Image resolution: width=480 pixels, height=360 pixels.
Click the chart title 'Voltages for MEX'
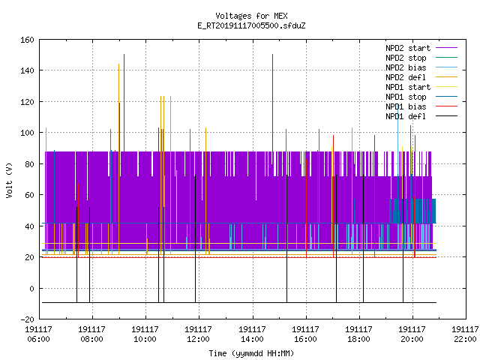[x=251, y=16]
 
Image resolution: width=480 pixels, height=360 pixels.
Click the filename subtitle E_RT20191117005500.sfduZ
[x=251, y=25]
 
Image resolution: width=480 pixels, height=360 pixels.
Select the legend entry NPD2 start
[x=408, y=48]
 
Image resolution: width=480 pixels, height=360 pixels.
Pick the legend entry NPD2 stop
[x=406, y=58]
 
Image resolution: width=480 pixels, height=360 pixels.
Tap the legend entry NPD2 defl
[x=406, y=77]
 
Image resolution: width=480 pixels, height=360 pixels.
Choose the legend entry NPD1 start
[x=408, y=87]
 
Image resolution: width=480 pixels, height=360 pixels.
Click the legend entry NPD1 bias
[x=406, y=106]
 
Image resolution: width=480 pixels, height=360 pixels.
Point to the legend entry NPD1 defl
[x=406, y=117]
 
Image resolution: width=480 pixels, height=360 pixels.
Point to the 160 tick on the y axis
[x=27, y=40]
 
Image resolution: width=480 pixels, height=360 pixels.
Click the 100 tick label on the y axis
[x=27, y=133]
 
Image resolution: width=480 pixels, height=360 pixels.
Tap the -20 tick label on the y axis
[x=27, y=319]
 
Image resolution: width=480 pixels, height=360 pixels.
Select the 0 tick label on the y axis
[x=31, y=288]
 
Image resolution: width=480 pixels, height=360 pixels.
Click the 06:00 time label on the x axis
[x=38, y=339]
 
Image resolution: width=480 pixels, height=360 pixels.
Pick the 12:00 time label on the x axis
[x=198, y=339]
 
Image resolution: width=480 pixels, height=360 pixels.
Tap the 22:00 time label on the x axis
[x=465, y=339]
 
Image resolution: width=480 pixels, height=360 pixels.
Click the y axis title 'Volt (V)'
[x=10, y=180]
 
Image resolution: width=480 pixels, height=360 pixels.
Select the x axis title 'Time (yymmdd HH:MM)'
[x=251, y=353]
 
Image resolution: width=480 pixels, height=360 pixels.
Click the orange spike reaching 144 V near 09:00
[x=118, y=107]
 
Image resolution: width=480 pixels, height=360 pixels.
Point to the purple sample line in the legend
[x=446, y=48]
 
